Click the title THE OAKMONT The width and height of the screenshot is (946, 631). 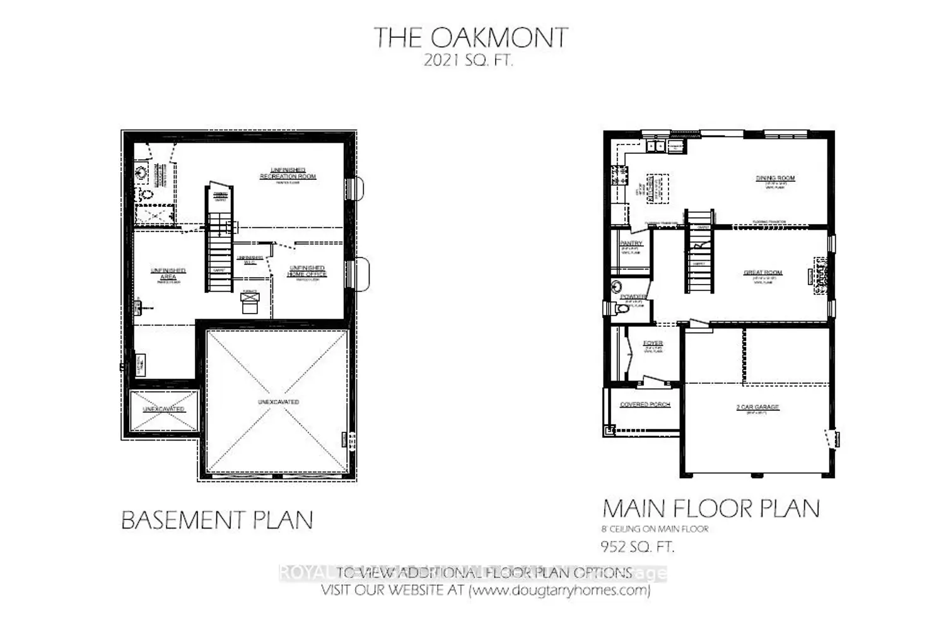pos(471,38)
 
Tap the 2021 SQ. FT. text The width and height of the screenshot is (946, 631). pos(468,61)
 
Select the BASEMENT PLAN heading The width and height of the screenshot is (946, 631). pos(217,521)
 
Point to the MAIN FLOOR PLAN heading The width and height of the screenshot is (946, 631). pos(711,509)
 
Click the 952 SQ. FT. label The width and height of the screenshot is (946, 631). pos(638,546)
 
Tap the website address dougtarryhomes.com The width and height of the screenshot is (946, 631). pos(559,591)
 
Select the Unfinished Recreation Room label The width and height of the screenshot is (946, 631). pos(288,174)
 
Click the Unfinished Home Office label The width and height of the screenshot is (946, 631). pos(307,271)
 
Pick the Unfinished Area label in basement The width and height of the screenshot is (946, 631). pos(168,273)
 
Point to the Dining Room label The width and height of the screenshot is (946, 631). pos(775,179)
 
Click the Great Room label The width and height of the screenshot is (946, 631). pos(762,273)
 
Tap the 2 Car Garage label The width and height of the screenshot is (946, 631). pos(757,407)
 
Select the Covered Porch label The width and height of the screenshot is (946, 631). pos(645,404)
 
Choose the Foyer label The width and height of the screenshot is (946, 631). pos(653,343)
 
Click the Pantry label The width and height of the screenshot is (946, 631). pos(631,244)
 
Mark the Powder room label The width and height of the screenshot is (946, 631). pos(633,297)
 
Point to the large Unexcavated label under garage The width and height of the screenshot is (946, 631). pos(278,402)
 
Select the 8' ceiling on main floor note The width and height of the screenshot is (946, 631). pos(655,529)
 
